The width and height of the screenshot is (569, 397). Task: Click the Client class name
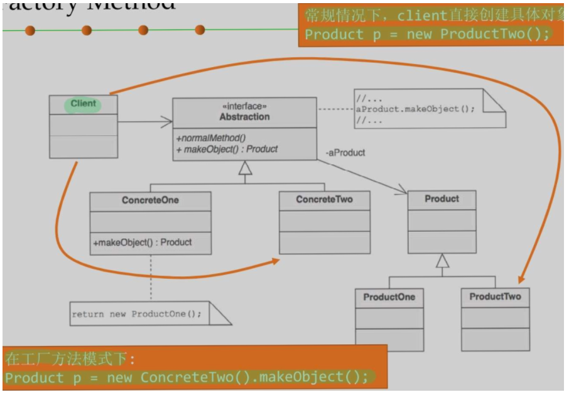click(x=84, y=104)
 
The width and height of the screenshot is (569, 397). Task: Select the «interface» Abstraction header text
click(x=244, y=112)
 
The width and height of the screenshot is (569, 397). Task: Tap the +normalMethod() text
click(x=211, y=138)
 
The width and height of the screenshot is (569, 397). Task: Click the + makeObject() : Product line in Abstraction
click(x=227, y=150)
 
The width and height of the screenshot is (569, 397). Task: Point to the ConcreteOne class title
click(x=150, y=200)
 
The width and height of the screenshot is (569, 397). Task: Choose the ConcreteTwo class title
click(x=324, y=200)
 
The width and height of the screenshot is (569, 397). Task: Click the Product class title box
click(x=442, y=199)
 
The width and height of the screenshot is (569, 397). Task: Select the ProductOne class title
click(x=389, y=297)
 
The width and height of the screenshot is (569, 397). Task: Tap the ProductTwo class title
click(x=495, y=296)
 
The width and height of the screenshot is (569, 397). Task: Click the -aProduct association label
click(x=345, y=153)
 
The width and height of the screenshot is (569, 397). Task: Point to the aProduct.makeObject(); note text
click(x=415, y=108)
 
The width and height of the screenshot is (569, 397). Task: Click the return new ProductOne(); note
click(x=136, y=313)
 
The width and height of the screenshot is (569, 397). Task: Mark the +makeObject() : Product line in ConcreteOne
click(x=143, y=242)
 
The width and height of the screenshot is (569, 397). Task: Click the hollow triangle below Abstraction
click(x=245, y=168)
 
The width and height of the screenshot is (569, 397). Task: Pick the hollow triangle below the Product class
click(x=443, y=260)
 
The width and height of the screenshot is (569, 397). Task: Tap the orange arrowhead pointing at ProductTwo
click(x=521, y=281)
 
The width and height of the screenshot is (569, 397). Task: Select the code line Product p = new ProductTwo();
click(x=427, y=34)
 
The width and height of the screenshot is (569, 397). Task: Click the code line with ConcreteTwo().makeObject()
click(x=187, y=378)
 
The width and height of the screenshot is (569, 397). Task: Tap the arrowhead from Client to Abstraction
click(x=168, y=121)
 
